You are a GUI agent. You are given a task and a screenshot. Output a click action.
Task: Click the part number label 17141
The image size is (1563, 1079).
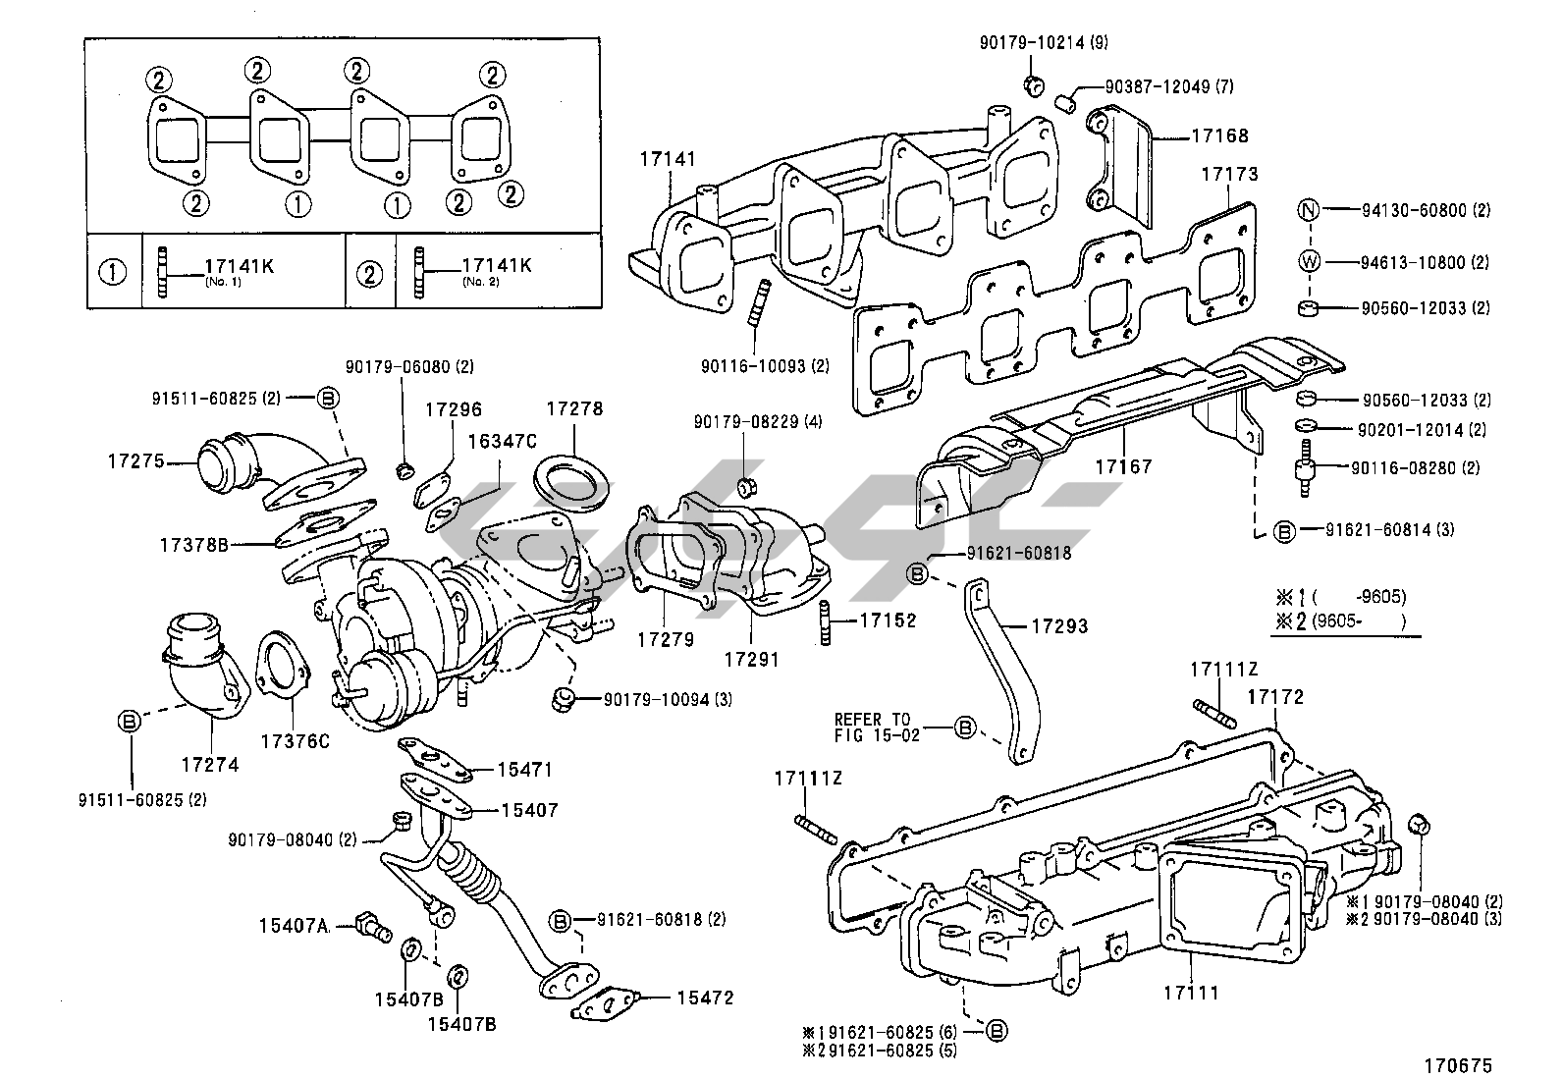pyautogui.click(x=668, y=159)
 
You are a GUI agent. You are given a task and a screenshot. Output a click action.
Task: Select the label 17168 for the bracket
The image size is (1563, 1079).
pyautogui.click(x=1219, y=135)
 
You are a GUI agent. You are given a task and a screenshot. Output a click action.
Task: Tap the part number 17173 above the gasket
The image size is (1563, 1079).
pyautogui.click(x=1229, y=174)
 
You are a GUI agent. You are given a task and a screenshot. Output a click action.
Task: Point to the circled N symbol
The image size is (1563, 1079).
pyautogui.click(x=1309, y=210)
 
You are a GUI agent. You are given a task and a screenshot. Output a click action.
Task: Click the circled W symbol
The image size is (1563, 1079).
pyautogui.click(x=1309, y=262)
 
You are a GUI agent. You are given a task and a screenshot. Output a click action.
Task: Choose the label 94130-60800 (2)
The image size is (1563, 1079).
pyautogui.click(x=1426, y=210)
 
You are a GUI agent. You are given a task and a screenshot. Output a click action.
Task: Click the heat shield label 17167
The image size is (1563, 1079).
pyautogui.click(x=1123, y=466)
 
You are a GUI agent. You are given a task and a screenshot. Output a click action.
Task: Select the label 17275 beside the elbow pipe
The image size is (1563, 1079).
pyautogui.click(x=136, y=460)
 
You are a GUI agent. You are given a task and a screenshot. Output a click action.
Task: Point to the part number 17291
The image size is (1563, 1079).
pyautogui.click(x=751, y=659)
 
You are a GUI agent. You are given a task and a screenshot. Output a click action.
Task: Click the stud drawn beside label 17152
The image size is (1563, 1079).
pyautogui.click(x=826, y=621)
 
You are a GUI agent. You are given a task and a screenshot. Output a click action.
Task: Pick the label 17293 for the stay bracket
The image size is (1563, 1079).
pyautogui.click(x=1060, y=626)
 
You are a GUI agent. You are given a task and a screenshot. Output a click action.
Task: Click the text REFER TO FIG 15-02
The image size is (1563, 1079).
pyautogui.click(x=877, y=728)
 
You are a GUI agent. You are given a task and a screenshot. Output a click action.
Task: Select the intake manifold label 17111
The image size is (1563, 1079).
pyautogui.click(x=1191, y=993)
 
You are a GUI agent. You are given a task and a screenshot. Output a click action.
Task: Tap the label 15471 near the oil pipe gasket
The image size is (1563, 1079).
pyautogui.click(x=524, y=769)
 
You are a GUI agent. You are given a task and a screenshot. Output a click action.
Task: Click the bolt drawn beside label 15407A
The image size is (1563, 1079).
pyautogui.click(x=373, y=926)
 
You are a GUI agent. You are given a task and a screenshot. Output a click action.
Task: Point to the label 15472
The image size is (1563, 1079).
pyautogui.click(x=706, y=998)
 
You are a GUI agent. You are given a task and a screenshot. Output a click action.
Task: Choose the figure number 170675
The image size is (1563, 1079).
pyautogui.click(x=1458, y=1065)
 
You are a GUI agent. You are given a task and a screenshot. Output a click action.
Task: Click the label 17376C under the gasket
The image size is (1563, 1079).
pyautogui.click(x=295, y=740)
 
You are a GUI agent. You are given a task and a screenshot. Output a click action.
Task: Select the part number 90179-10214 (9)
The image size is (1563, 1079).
pyautogui.click(x=1044, y=42)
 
